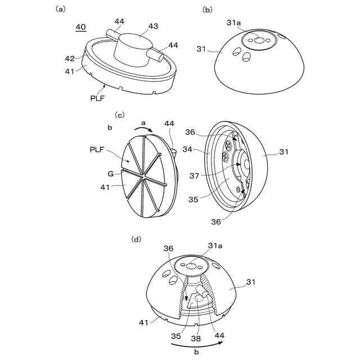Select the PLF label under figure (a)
(x=97, y=97)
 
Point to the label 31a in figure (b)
(x=234, y=22)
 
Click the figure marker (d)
(x=136, y=239)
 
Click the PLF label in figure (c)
(x=97, y=149)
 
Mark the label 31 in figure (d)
(x=251, y=281)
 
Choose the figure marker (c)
(x=119, y=114)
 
